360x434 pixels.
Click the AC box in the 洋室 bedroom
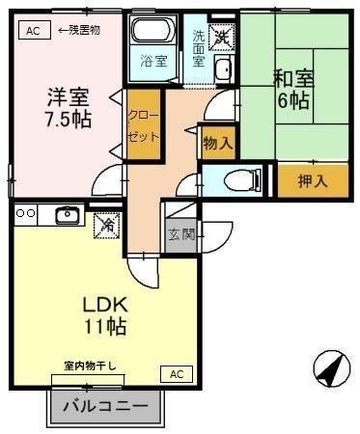click(x=35, y=30)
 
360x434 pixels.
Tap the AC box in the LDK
click(x=177, y=374)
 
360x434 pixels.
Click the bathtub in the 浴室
click(x=152, y=30)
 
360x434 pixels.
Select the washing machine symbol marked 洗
click(x=222, y=38)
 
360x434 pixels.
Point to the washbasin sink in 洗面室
click(x=224, y=69)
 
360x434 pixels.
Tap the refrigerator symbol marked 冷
click(x=106, y=226)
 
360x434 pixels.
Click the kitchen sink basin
click(x=68, y=215)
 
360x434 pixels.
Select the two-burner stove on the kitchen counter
click(x=26, y=213)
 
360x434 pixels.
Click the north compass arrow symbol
click(x=332, y=367)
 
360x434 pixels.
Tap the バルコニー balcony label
click(x=105, y=407)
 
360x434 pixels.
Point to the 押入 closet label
click(x=313, y=181)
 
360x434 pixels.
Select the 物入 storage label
click(x=218, y=144)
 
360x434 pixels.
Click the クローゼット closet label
click(x=144, y=125)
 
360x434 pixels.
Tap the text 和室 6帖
click(x=293, y=90)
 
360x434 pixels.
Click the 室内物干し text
click(x=90, y=366)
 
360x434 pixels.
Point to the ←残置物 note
click(x=79, y=30)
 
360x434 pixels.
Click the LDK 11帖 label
click(x=105, y=315)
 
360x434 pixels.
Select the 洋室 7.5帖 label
click(x=69, y=108)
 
